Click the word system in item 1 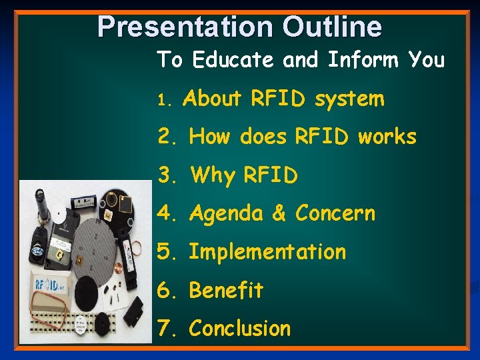(x=349, y=99)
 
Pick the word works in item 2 (x=387, y=137)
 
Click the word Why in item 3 (x=213, y=175)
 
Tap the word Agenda (x=227, y=214)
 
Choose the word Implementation (x=267, y=252)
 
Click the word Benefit (x=226, y=291)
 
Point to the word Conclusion (x=240, y=329)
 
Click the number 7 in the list (x=165, y=329)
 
